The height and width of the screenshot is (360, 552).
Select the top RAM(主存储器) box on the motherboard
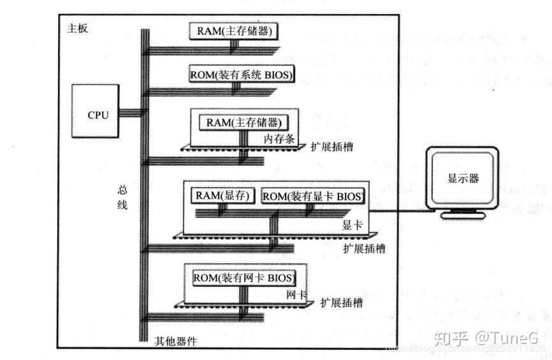coord(235,30)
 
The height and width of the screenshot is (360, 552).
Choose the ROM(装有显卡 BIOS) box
coord(313,196)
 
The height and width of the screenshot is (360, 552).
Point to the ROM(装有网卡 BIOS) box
coord(244,277)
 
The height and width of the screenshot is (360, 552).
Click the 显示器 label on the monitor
coord(463,178)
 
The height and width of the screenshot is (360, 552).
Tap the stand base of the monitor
coord(463,216)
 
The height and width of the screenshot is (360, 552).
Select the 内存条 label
coord(279,139)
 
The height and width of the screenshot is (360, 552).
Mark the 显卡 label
coord(353,225)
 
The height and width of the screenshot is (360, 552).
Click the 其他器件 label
coord(176,341)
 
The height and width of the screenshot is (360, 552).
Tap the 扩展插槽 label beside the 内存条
coord(331,147)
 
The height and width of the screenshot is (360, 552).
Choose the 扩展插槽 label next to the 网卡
coord(342,302)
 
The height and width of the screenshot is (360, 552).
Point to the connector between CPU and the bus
coord(129,113)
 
